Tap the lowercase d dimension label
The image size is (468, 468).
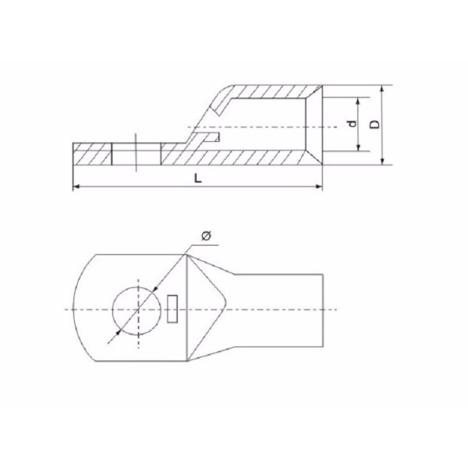click(x=352, y=125)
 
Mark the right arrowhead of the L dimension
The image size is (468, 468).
click(x=320, y=186)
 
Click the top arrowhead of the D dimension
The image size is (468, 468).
click(x=383, y=88)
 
